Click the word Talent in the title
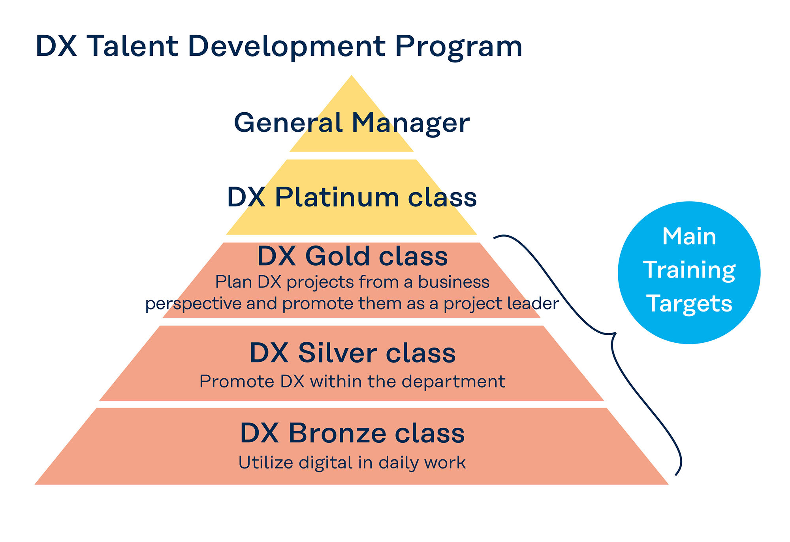[132, 46]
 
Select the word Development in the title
[287, 47]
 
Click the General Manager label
[352, 123]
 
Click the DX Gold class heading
[352, 256]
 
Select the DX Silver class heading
[352, 353]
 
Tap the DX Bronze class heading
[352, 433]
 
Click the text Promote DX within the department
[352, 382]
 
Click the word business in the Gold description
[454, 282]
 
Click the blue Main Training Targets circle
[689, 273]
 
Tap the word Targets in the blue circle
[689, 304]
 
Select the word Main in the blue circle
[689, 237]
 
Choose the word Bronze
[337, 433]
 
